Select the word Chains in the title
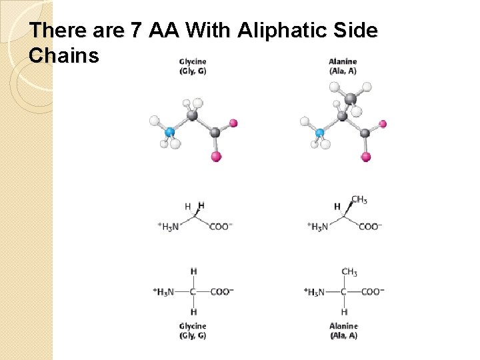click(64, 56)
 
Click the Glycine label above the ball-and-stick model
click(193, 62)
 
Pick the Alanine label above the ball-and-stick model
click(343, 62)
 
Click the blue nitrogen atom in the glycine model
click(170, 132)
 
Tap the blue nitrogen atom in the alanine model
click(320, 133)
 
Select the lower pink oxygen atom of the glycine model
click(215, 157)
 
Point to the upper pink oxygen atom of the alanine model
click(383, 123)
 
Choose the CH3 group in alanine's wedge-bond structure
click(359, 199)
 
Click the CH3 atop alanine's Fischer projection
click(349, 272)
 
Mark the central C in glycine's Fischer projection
click(193, 291)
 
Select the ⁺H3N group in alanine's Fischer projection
click(315, 291)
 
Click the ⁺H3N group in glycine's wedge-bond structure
click(168, 227)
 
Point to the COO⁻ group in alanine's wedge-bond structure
click(370, 227)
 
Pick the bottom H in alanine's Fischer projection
click(344, 312)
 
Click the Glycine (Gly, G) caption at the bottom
click(193, 331)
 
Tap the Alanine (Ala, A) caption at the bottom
click(343, 331)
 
